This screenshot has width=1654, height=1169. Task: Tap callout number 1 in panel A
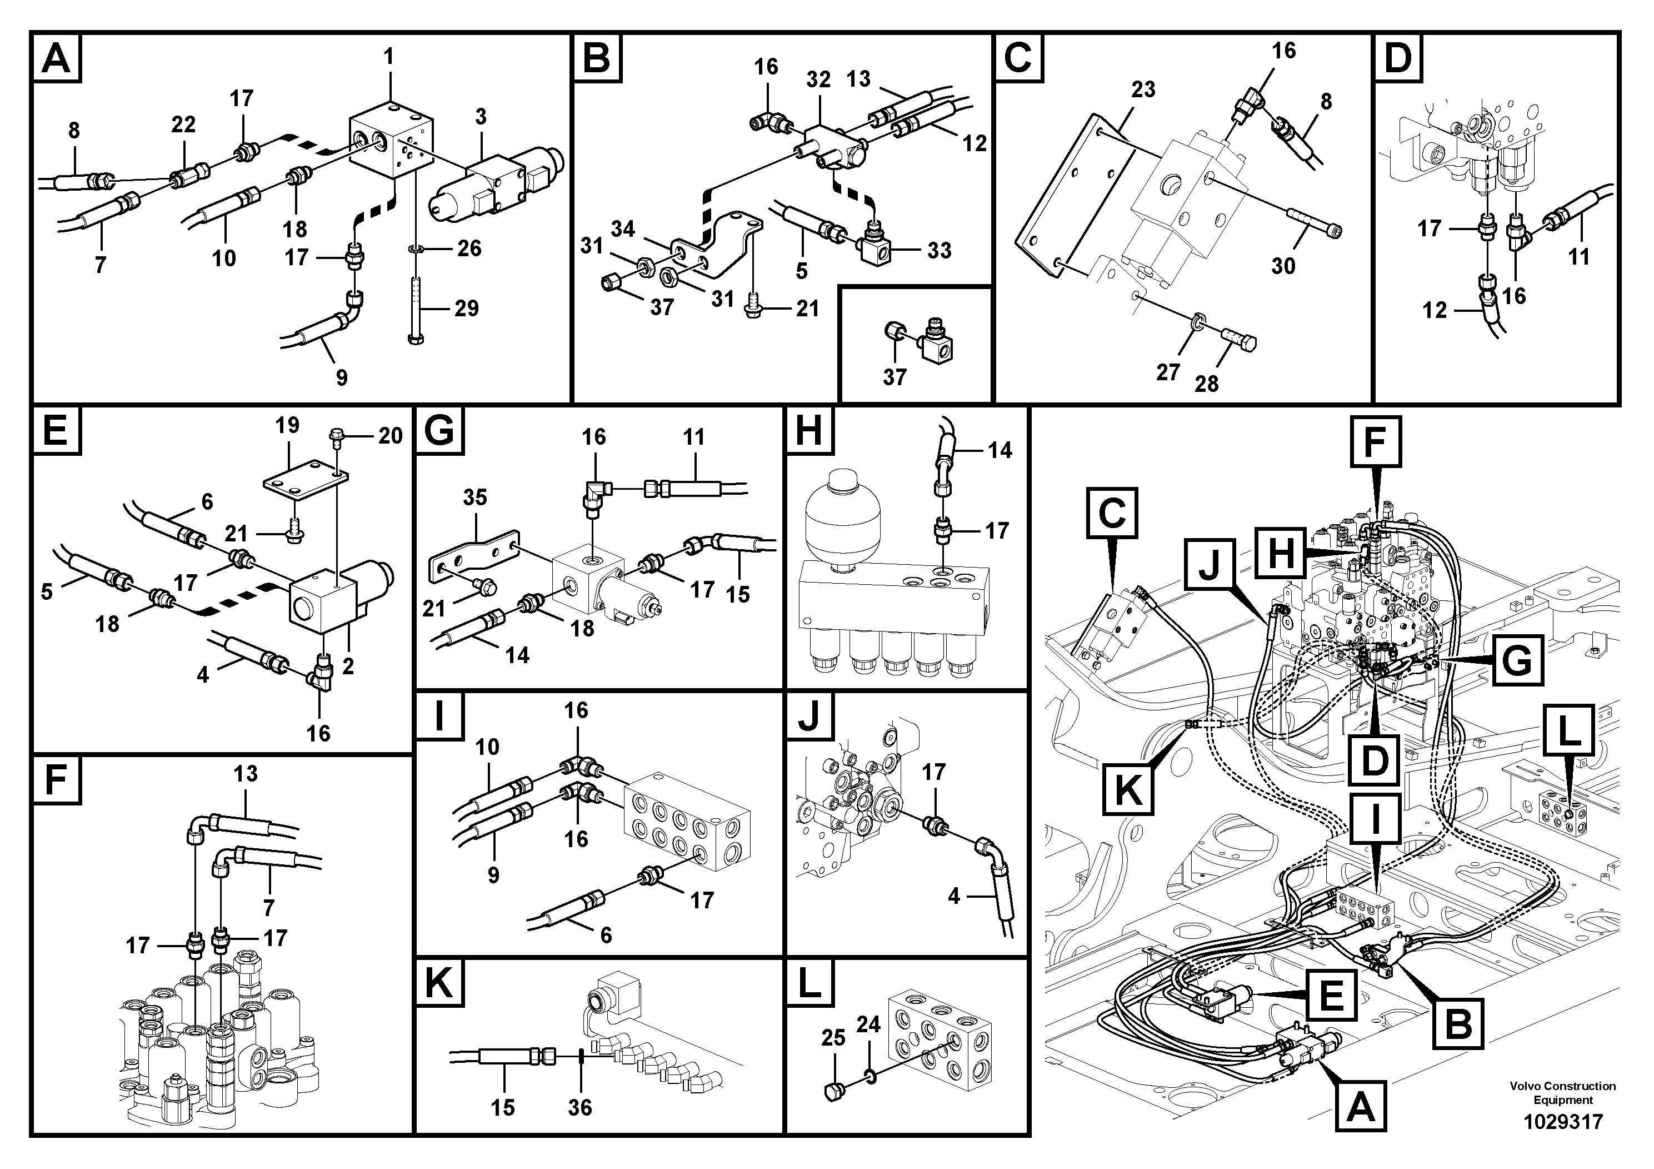pos(389,57)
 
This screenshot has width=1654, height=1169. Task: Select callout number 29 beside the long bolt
pos(466,309)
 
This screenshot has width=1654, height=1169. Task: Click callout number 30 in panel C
pos(1283,266)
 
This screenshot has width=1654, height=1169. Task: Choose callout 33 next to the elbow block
pos(938,250)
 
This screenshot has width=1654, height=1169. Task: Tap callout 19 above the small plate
pos(287,425)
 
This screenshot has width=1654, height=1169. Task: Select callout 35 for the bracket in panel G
pos(474,498)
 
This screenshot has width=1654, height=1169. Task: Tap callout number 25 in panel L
pos(833,1038)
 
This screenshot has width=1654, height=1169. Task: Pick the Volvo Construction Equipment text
pos(1562,1093)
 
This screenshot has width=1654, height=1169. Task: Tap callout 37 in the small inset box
pos(894,377)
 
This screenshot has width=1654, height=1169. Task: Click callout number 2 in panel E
pos(348,666)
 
